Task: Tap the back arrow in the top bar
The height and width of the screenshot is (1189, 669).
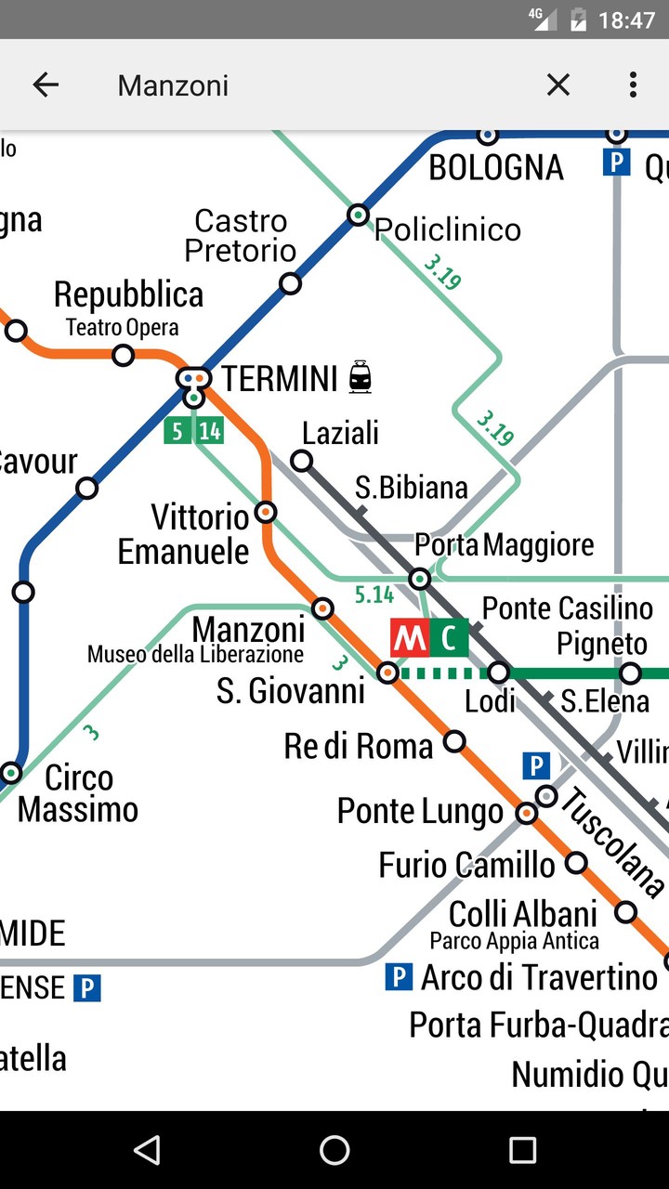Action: coord(46,85)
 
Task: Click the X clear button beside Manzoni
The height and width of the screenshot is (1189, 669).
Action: coord(557,85)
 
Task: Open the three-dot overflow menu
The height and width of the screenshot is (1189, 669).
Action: coord(633,85)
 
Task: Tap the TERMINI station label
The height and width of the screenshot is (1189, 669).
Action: coord(279,379)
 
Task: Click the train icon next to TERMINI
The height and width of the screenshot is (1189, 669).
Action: coord(361,377)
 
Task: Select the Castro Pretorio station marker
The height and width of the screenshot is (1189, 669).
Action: coord(291,283)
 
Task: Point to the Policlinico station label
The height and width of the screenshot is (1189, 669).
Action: coord(448,230)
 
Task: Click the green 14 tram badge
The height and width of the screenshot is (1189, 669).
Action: coord(211,431)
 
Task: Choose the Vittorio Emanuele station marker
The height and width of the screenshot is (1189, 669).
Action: coord(266,512)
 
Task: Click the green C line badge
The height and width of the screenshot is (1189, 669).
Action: coord(449,638)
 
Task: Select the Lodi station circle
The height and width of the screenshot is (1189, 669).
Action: coord(499,672)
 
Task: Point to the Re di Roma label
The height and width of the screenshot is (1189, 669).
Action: coord(359,747)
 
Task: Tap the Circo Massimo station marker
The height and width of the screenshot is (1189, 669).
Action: coord(11,773)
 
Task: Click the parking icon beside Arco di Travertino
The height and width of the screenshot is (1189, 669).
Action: coord(399,977)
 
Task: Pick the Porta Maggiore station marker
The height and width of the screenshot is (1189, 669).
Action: coord(420,579)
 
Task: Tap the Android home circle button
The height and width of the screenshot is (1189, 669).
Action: coord(334,1150)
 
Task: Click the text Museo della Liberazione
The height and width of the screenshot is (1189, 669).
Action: coord(195,655)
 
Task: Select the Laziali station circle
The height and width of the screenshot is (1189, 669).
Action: coord(301,461)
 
